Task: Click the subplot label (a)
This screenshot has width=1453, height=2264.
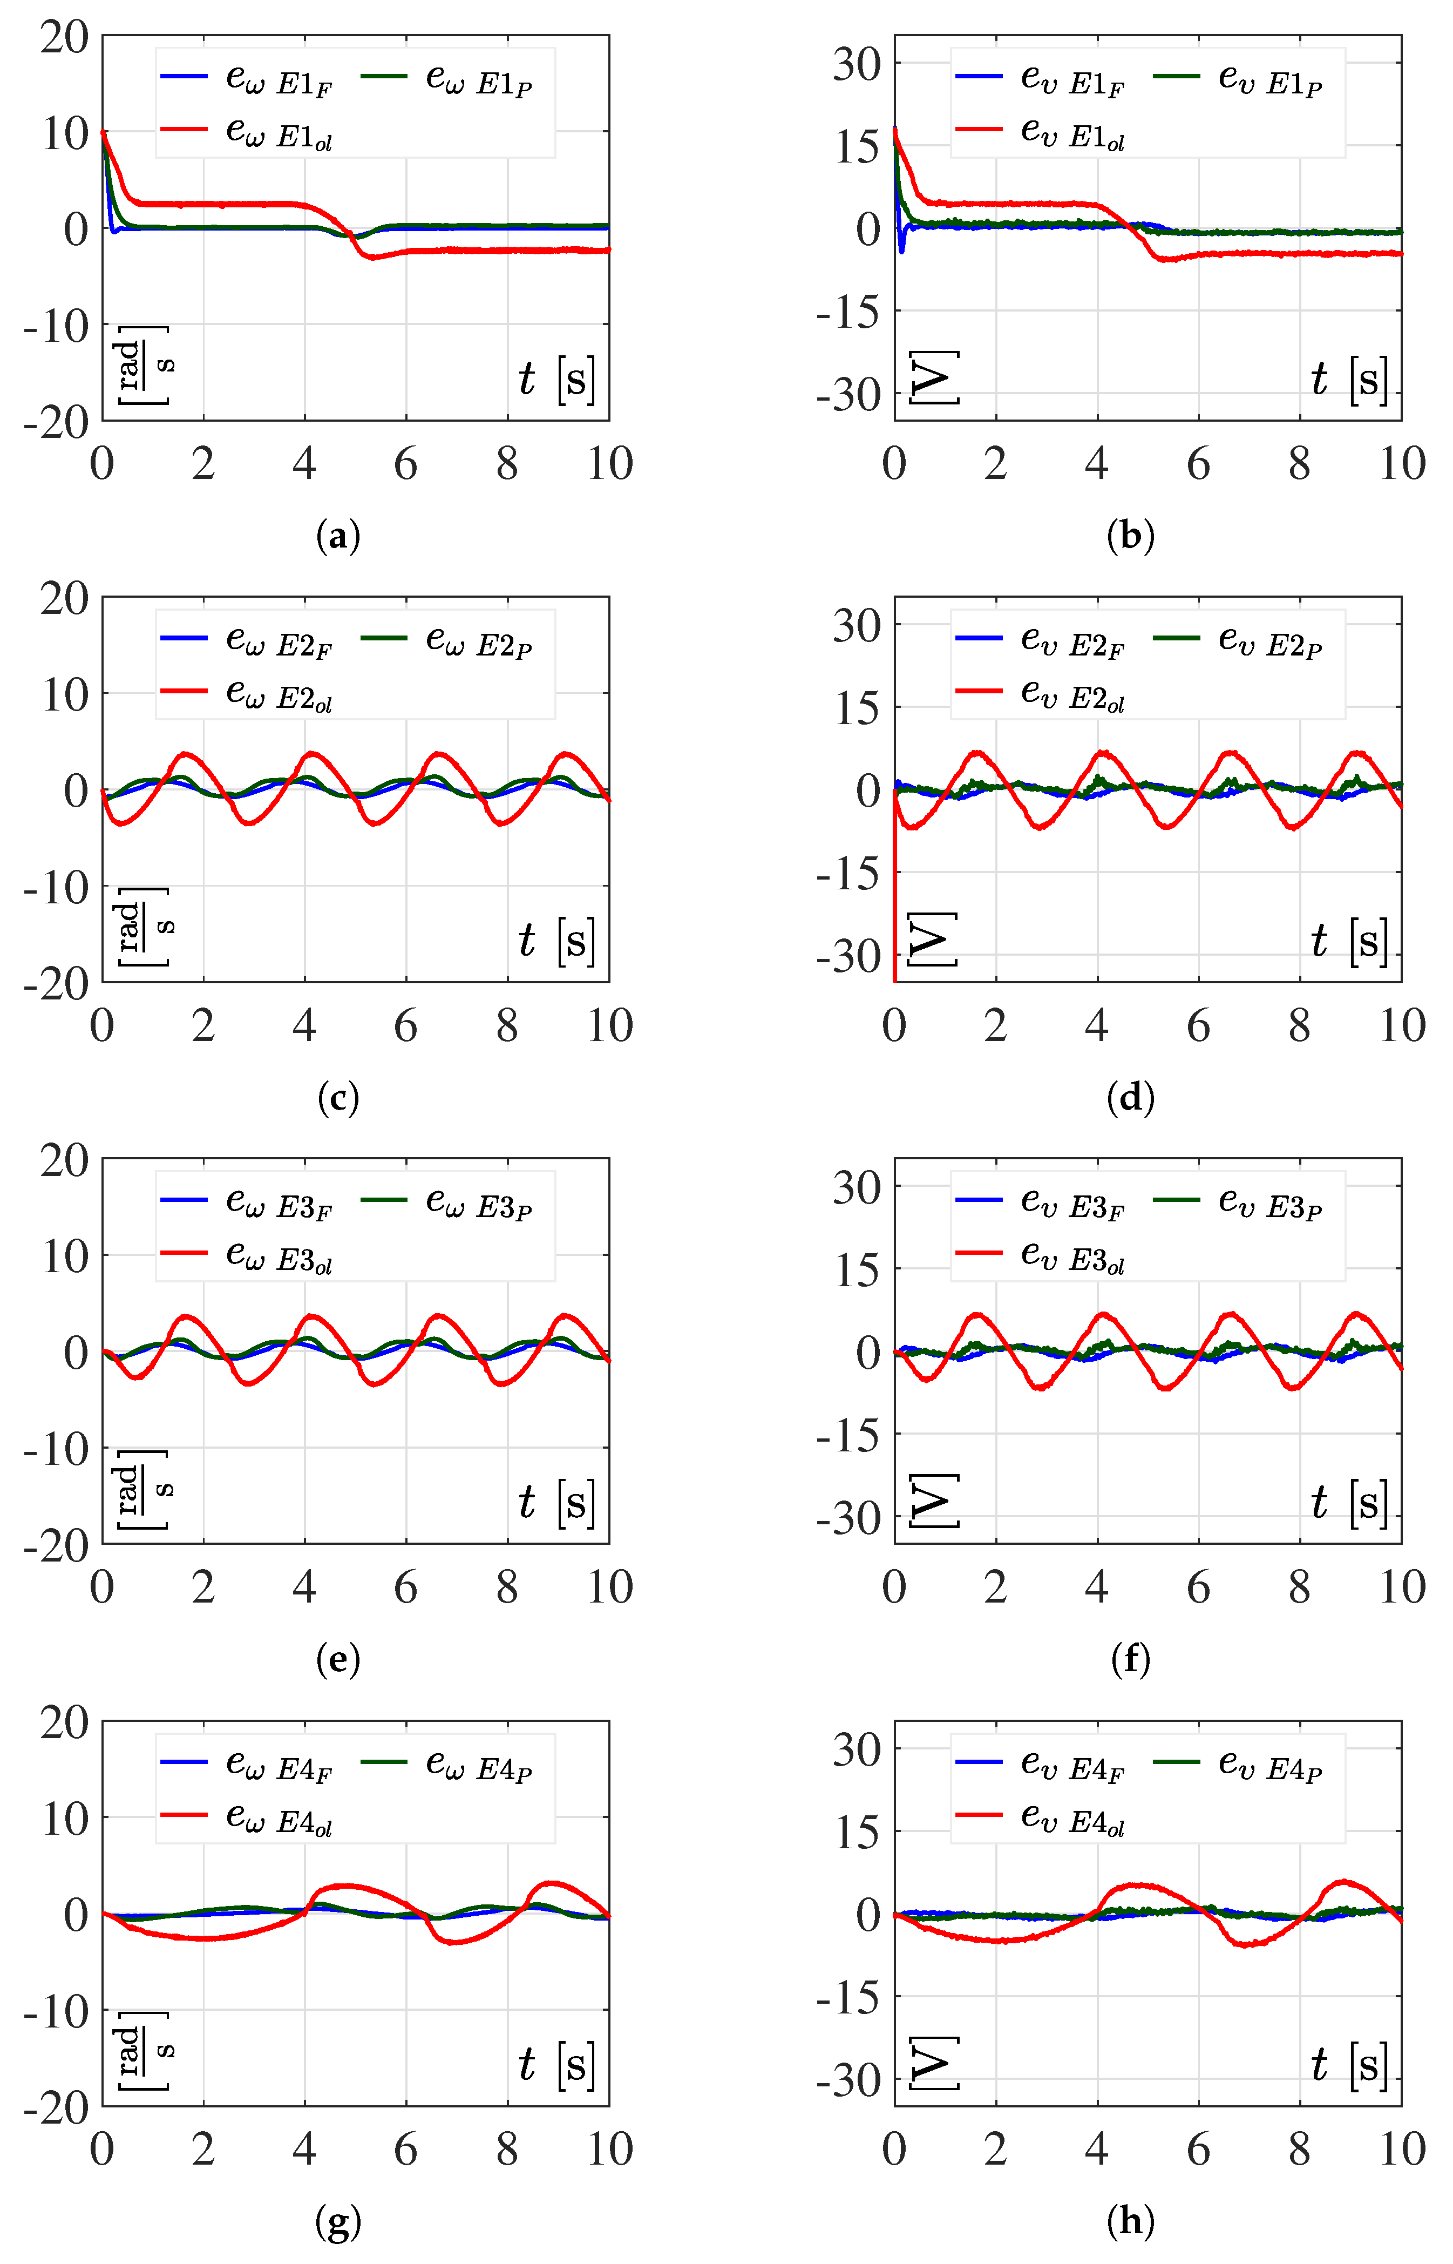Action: (x=338, y=536)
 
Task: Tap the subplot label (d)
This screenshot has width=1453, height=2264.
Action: (x=1130, y=1098)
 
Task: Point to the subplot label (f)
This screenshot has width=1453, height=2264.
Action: (x=1130, y=1659)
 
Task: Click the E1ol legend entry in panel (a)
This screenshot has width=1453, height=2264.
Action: (x=247, y=133)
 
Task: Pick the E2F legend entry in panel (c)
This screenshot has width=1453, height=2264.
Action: (x=247, y=642)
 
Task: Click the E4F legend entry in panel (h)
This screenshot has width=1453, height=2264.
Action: (x=1041, y=1765)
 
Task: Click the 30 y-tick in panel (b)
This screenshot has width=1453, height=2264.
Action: (x=855, y=64)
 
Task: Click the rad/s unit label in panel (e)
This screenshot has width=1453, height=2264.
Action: (x=144, y=1488)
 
